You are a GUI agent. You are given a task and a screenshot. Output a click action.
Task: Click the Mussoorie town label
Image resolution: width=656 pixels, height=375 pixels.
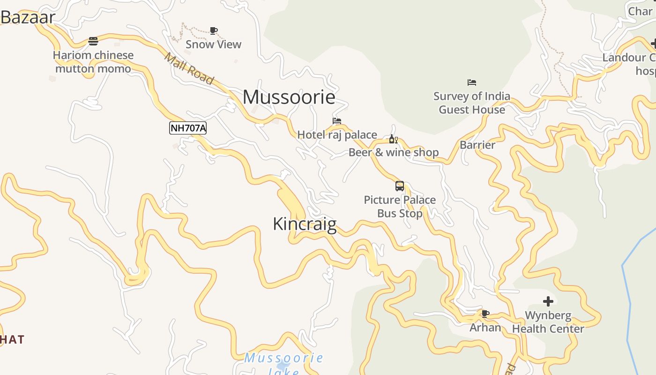(289, 97)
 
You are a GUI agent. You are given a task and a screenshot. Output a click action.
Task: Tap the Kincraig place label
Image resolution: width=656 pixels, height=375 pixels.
(305, 224)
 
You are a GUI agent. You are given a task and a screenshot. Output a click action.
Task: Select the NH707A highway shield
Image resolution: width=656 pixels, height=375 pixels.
(188, 128)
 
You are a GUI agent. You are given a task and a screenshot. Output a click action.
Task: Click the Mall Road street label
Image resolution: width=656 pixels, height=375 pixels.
(189, 68)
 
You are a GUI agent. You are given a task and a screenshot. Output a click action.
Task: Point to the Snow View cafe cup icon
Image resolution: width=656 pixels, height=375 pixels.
(214, 31)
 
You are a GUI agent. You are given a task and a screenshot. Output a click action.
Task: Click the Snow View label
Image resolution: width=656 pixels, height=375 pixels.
(213, 45)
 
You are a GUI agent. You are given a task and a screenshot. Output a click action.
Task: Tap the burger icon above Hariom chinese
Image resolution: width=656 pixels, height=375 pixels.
(93, 41)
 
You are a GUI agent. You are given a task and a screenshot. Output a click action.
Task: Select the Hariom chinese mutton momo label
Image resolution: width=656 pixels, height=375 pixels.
(93, 62)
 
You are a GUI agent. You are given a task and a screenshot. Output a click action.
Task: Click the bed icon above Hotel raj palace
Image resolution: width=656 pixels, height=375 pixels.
(337, 121)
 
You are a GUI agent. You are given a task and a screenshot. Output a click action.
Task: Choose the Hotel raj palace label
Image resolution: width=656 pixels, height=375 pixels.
(337, 135)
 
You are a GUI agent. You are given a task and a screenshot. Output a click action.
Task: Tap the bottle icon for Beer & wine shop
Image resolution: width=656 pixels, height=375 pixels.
(393, 139)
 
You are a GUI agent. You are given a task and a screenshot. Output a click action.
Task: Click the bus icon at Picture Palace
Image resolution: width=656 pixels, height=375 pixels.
(400, 186)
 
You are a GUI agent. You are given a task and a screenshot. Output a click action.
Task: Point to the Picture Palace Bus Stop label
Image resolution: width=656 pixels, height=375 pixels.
(400, 207)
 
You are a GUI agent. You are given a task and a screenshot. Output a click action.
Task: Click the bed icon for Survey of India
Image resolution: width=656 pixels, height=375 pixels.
(472, 82)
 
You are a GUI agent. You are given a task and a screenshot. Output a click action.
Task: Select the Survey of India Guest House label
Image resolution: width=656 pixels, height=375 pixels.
(472, 103)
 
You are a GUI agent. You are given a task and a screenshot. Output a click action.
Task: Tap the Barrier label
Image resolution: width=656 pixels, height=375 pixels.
(477, 145)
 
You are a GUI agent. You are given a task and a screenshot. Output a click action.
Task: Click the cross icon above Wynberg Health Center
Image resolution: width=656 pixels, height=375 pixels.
(548, 301)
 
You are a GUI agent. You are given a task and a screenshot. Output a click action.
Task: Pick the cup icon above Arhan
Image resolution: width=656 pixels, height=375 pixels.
(485, 314)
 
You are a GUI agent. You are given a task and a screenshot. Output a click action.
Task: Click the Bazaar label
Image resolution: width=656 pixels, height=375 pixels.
(28, 17)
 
